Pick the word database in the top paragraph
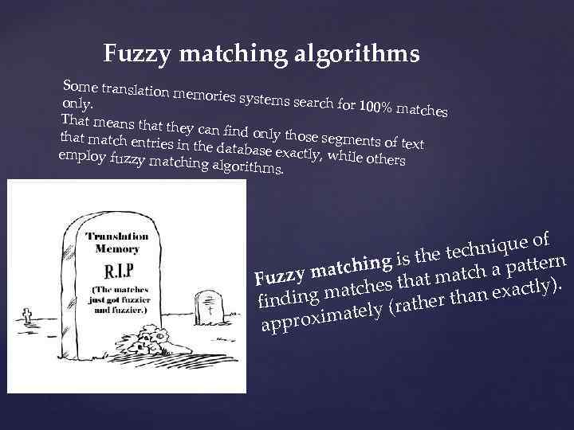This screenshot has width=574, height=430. click(246, 149)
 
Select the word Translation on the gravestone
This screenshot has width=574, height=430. click(117, 237)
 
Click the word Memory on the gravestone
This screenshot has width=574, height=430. click(117, 248)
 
